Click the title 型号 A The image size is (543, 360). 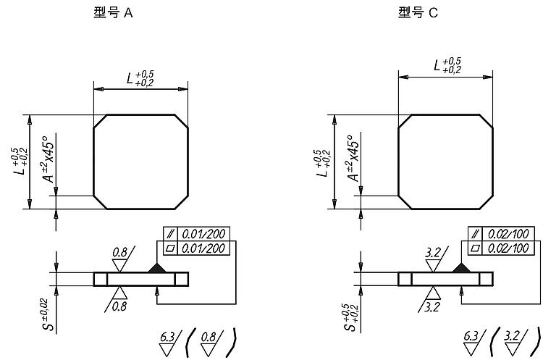click(x=113, y=13)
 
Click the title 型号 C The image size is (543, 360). click(x=418, y=13)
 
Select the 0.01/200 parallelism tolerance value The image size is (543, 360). click(x=203, y=234)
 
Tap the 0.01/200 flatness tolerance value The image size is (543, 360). click(x=203, y=248)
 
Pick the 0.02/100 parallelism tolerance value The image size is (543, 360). click(x=508, y=234)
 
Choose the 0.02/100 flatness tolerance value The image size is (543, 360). click(x=508, y=248)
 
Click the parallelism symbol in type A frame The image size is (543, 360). click(x=170, y=234)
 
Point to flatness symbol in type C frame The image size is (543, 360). click(x=475, y=248)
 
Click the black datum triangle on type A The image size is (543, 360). click(x=157, y=268)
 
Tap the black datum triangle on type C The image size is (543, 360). click(x=461, y=268)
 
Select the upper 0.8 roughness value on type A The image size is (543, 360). click(x=119, y=252)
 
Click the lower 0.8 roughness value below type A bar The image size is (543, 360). click(x=119, y=306)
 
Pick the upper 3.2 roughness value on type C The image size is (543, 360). click(x=433, y=252)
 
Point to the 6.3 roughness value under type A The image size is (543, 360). click(x=167, y=336)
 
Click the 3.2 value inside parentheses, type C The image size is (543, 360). click(x=512, y=336)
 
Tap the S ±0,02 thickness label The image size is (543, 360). click(x=48, y=314)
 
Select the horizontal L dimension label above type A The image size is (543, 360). click(x=140, y=78)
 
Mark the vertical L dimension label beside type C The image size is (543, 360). click(x=323, y=163)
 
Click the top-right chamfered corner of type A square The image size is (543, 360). click(x=181, y=121)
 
